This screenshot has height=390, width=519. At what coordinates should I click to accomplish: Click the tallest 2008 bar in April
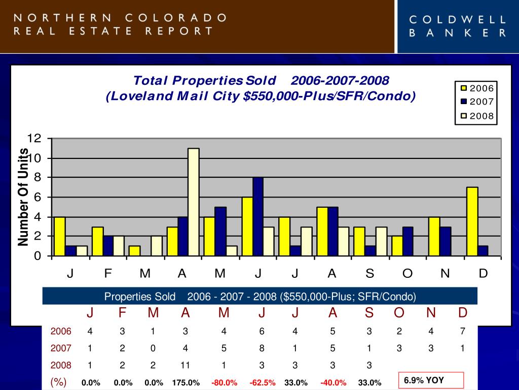click(x=194, y=202)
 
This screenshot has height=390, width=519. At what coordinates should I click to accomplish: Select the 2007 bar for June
click(x=257, y=216)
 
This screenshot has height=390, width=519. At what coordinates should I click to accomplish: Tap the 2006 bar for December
click(x=472, y=221)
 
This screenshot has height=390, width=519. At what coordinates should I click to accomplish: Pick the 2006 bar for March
click(x=134, y=251)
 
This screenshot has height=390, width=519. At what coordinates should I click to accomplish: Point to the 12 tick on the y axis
click(x=34, y=139)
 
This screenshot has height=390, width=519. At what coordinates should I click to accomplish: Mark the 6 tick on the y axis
click(x=38, y=198)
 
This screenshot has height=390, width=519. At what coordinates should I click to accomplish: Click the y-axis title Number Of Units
click(x=23, y=197)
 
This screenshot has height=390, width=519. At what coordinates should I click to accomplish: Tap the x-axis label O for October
click(x=407, y=274)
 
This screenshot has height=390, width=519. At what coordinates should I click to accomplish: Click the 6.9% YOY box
click(x=431, y=380)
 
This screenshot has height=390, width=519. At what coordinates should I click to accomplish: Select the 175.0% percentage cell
click(x=186, y=383)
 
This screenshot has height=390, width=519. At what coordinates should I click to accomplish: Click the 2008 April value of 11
click(x=186, y=365)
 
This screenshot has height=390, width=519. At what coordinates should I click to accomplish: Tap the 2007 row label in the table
click(x=61, y=348)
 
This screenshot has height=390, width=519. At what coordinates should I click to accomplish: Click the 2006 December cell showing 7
click(x=463, y=332)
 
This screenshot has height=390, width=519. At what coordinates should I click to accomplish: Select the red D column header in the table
click(x=463, y=313)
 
